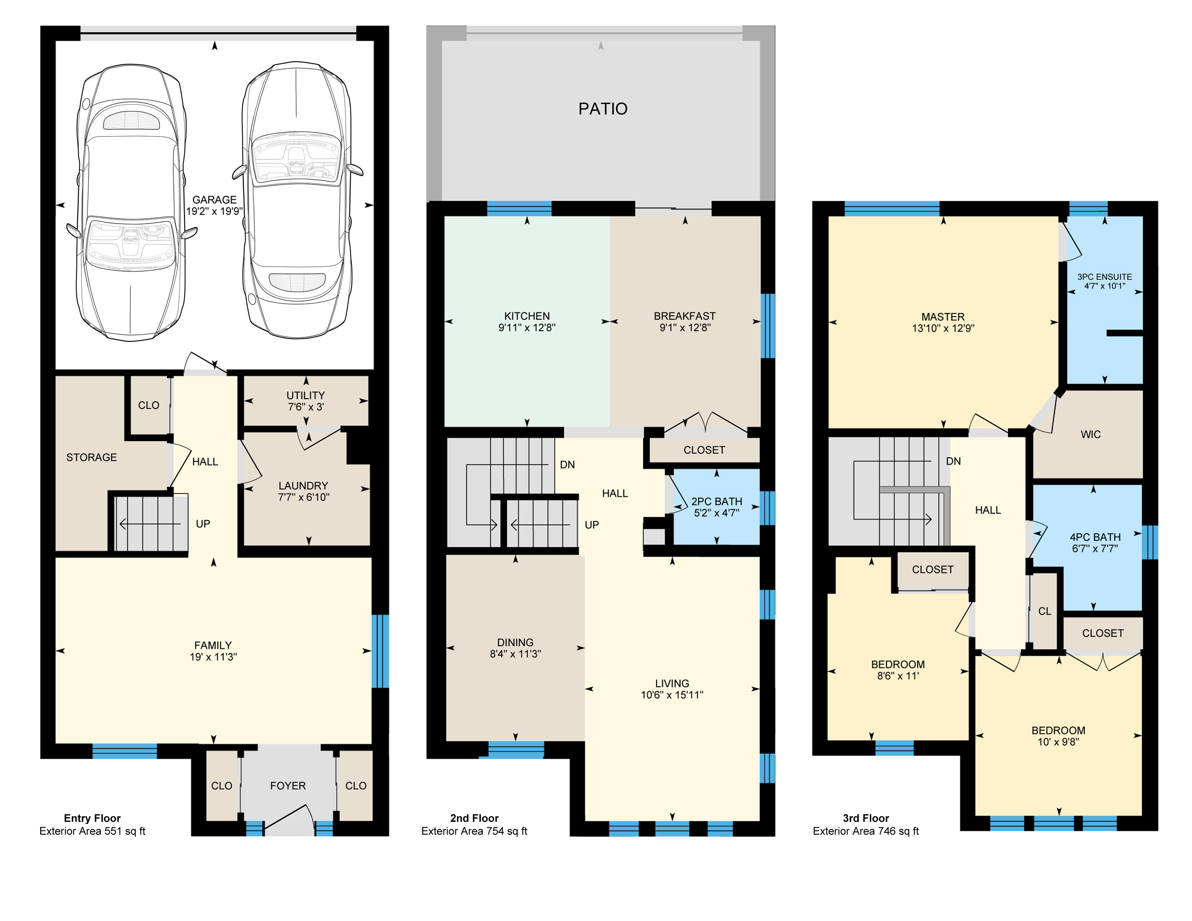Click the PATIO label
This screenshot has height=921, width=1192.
[603, 109]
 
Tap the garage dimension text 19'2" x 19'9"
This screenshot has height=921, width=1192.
[215, 211]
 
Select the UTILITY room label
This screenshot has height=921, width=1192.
[306, 395]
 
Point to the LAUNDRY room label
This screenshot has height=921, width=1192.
[303, 485]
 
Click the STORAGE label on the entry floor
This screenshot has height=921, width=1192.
[92, 457]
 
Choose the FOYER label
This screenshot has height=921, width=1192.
[288, 786]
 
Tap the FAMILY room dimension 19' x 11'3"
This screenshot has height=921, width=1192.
[213, 657]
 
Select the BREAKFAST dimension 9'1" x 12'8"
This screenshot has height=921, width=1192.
[685, 327]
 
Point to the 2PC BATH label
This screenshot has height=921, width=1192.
[717, 501]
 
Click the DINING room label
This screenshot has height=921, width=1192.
[515, 642]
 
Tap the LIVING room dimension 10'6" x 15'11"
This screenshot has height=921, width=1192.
[672, 695]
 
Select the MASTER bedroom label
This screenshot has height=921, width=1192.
[943, 316]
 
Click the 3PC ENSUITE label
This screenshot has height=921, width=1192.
[1105, 277]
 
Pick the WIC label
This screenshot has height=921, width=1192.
[1090, 434]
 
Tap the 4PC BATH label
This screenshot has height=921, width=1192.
[1095, 537]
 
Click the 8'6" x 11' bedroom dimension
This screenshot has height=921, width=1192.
[898, 675]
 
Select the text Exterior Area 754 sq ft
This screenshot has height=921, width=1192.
[474, 831]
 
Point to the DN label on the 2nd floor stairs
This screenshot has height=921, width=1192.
[567, 465]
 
